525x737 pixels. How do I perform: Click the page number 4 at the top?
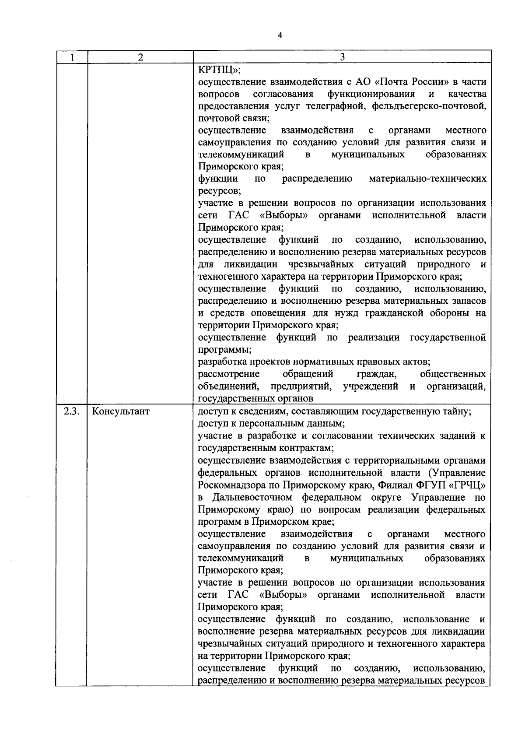(x=280, y=36)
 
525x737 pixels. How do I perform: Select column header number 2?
(x=140, y=57)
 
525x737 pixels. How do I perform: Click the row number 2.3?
(x=71, y=411)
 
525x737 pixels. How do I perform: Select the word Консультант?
(x=121, y=411)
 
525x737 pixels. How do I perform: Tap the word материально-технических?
(x=427, y=179)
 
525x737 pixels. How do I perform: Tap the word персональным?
(x=267, y=424)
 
